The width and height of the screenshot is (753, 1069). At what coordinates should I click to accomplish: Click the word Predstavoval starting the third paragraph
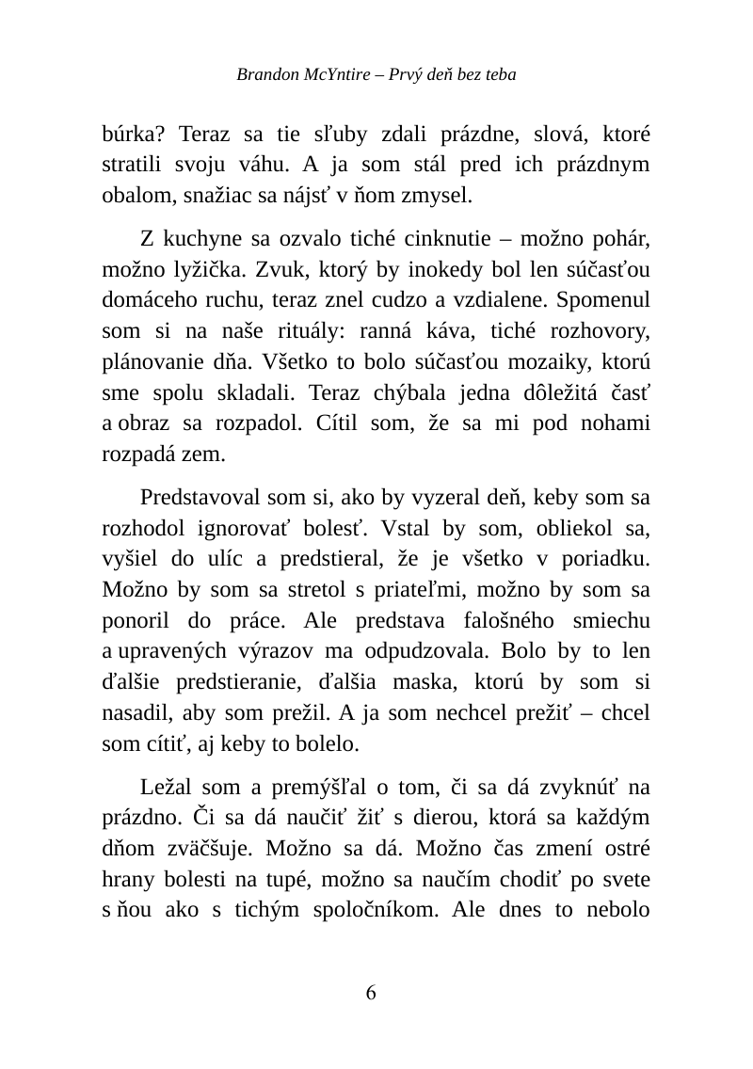(x=200, y=496)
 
